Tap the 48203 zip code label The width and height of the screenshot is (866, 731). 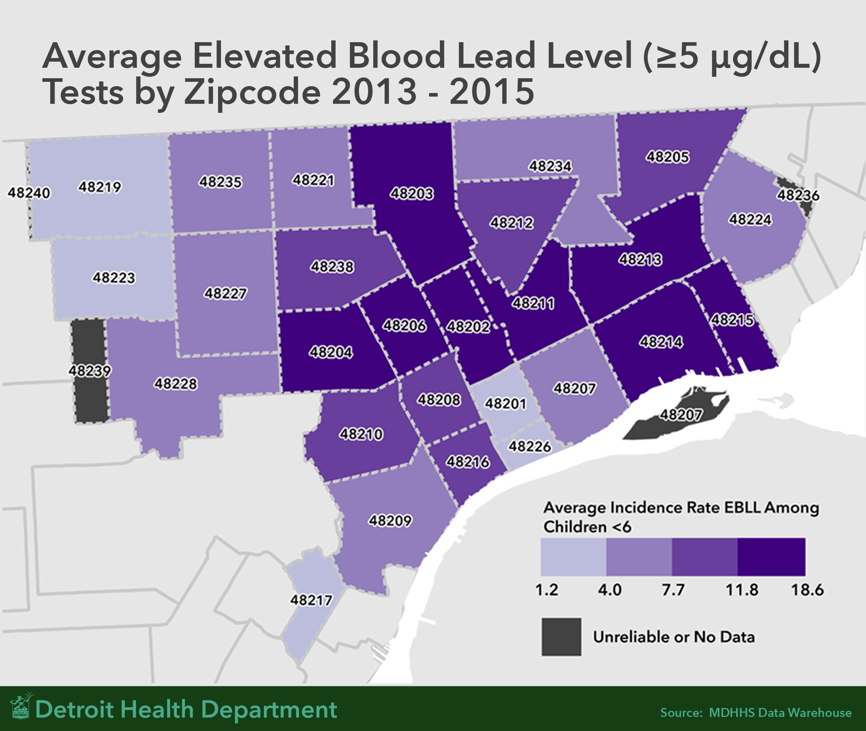pyautogui.click(x=411, y=194)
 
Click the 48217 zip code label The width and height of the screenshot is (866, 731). pyautogui.click(x=311, y=600)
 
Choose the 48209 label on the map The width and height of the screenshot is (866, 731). pyautogui.click(x=390, y=520)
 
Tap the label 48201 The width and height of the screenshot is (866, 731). pyautogui.click(x=506, y=403)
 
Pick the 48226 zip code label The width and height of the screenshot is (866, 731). pyautogui.click(x=530, y=446)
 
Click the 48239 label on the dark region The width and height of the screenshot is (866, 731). pyautogui.click(x=90, y=371)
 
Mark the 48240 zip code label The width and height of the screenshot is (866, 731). pyautogui.click(x=29, y=193)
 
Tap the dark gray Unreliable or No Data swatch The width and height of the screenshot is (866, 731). pyautogui.click(x=561, y=637)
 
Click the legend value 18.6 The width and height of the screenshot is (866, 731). pyautogui.click(x=807, y=590)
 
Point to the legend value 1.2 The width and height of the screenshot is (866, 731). pyautogui.click(x=547, y=590)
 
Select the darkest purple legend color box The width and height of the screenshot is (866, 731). pyautogui.click(x=771, y=557)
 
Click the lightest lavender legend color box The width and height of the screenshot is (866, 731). pyautogui.click(x=573, y=557)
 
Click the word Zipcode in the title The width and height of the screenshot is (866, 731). pyautogui.click(x=252, y=92)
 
